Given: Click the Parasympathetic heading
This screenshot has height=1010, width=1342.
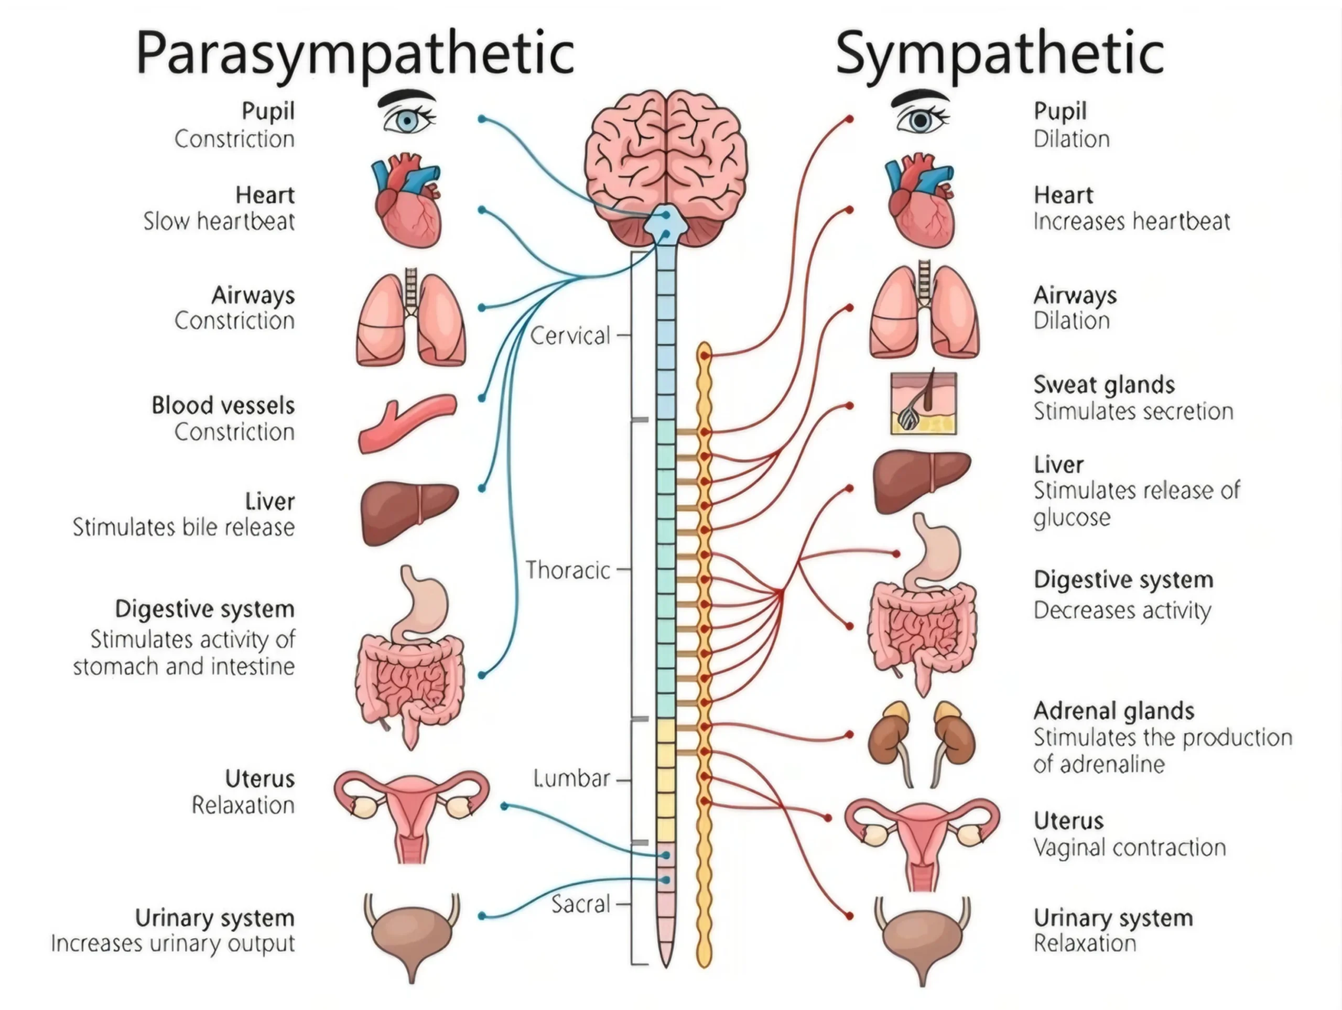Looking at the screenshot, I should click(x=355, y=53).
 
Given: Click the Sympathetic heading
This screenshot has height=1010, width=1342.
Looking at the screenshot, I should click(x=999, y=53).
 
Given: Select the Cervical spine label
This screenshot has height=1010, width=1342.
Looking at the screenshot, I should click(x=570, y=335).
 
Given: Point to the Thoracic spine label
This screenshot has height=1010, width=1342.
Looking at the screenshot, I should click(x=567, y=570).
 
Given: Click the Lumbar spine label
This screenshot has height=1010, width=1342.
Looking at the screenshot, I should click(x=571, y=778).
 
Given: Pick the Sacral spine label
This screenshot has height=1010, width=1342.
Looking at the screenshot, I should click(x=581, y=905).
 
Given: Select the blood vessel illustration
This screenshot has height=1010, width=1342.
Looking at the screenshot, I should click(x=407, y=423).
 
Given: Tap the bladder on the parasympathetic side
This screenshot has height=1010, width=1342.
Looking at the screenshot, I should click(x=412, y=935).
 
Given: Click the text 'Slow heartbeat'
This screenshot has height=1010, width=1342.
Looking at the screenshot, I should click(x=219, y=221).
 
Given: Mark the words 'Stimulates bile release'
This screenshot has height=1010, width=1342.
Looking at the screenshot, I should click(x=184, y=527).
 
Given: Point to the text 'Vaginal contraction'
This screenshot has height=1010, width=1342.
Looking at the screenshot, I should click(x=1130, y=848).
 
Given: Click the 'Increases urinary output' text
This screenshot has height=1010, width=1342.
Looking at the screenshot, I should click(x=173, y=944).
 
